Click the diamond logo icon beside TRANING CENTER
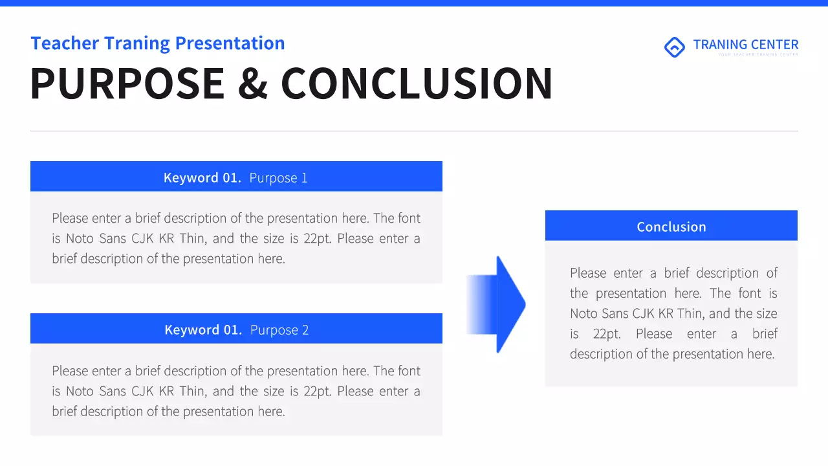[x=675, y=47]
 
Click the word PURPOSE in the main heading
[x=127, y=84]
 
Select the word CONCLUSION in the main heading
[x=417, y=84]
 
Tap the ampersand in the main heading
[x=252, y=84]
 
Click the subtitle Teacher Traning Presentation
[x=158, y=43]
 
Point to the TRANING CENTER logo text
[x=745, y=45]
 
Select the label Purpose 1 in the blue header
[x=278, y=178]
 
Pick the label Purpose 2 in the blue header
[x=279, y=330]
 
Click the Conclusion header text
[x=671, y=227]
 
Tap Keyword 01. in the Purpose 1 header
[x=202, y=178]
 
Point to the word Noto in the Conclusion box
[x=585, y=314]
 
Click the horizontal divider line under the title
[x=414, y=131]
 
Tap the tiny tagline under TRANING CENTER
[x=757, y=55]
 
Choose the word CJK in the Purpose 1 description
[x=142, y=239]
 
